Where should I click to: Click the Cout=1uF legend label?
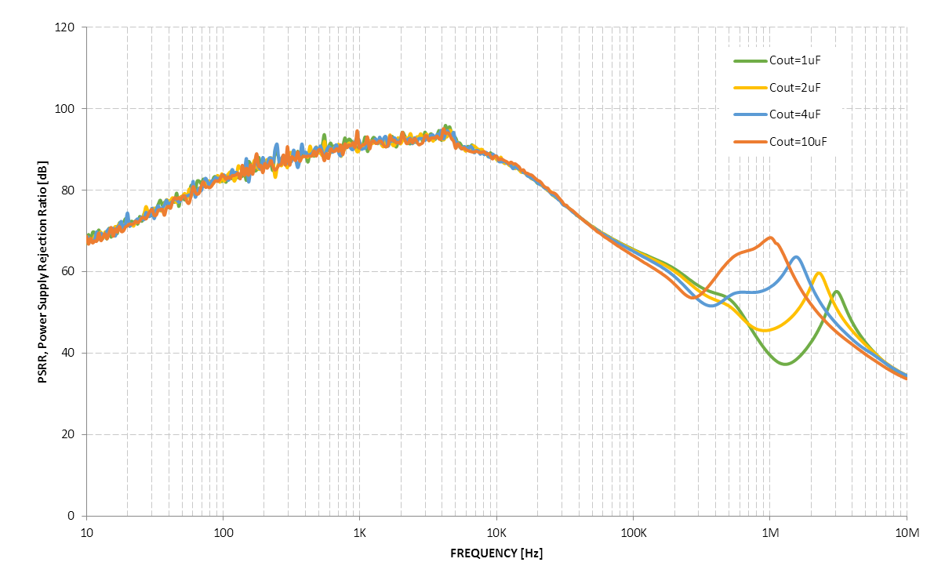tap(794, 60)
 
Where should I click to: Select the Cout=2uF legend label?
tap(794, 87)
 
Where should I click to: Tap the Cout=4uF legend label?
tap(794, 114)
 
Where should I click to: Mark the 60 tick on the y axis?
tap(68, 272)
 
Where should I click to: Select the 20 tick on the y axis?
tap(68, 435)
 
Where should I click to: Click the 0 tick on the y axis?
tap(71, 517)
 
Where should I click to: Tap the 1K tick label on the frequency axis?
tap(359, 532)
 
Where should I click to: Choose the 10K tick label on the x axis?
tap(496, 532)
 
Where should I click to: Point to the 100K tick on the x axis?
tap(633, 532)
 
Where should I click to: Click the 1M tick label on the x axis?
tap(769, 532)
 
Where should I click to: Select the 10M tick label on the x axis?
tap(907, 532)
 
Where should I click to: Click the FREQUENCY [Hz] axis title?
tap(496, 553)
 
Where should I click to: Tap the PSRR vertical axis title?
tap(43, 272)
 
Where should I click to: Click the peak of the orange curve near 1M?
tap(771, 238)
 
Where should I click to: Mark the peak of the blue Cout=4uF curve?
tap(796, 257)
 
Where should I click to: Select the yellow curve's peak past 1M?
tap(819, 274)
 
